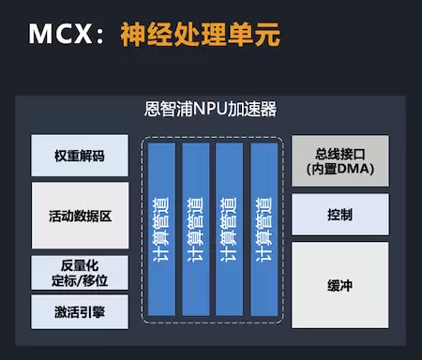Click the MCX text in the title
coord(61,34)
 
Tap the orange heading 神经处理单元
coord(200,34)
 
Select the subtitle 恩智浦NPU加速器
coord(210,109)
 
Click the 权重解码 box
coord(80,156)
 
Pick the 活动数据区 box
coord(80,216)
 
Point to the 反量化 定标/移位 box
coord(80,273)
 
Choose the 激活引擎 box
coord(80,312)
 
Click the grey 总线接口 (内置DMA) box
coord(340,160)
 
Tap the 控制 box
coord(340,215)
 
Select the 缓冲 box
coord(340,285)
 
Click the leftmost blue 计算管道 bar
coord(161,230)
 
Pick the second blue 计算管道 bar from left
coord(196,230)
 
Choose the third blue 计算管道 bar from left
coord(229,230)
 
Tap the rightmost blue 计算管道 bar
coord(264,230)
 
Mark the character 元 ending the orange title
coord(267,35)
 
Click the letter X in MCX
coord(83,34)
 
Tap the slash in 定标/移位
coord(79,280)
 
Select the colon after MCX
coord(100,35)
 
